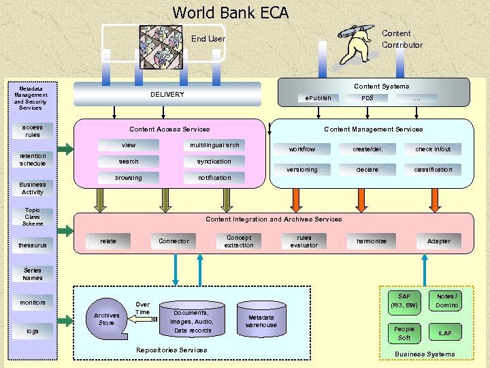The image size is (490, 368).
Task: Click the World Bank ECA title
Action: click(x=231, y=13)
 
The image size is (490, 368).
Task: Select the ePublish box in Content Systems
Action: click(x=318, y=98)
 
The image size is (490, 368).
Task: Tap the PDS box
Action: click(x=367, y=98)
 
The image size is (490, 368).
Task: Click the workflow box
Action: click(x=302, y=149)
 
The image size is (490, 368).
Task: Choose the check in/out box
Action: click(x=433, y=149)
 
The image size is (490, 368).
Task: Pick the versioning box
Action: click(x=302, y=170)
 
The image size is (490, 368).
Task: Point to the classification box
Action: click(x=433, y=170)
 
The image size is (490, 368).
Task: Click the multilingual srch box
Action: click(x=214, y=145)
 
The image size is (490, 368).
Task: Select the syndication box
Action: click(x=214, y=162)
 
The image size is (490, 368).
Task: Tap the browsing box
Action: click(x=129, y=178)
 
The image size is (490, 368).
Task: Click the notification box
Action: click(x=214, y=178)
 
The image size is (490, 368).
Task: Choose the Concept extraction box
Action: click(x=239, y=241)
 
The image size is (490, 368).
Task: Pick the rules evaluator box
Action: click(x=304, y=241)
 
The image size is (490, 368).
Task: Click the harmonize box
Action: click(x=372, y=241)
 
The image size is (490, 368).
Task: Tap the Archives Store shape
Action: click(x=107, y=318)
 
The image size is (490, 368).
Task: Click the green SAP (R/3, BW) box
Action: click(x=404, y=301)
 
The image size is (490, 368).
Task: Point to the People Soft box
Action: click(x=404, y=333)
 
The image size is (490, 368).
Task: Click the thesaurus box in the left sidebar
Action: click(x=33, y=245)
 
